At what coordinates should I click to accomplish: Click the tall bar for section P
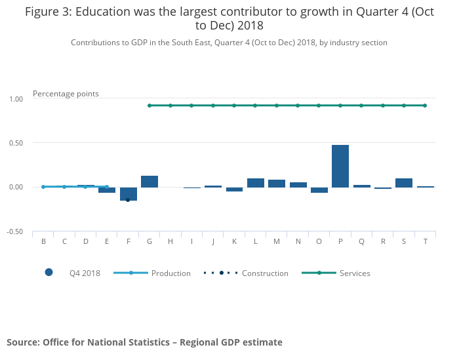coord(340,166)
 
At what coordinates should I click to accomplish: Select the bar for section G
coord(150,182)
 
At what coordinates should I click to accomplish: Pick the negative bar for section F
coord(129,193)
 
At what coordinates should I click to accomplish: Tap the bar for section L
coord(256,183)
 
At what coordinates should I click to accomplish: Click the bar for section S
coord(404,183)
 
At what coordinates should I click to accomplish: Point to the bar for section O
coord(319,190)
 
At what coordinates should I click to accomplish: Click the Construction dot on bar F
coord(128,199)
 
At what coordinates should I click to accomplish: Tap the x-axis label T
coord(425,241)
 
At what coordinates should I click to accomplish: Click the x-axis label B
coord(43,241)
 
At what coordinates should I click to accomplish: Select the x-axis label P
coord(340,241)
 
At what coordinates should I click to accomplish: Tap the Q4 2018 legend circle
coord(49,273)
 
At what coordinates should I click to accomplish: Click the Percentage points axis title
coord(66,94)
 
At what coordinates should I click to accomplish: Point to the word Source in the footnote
coord(22,342)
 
